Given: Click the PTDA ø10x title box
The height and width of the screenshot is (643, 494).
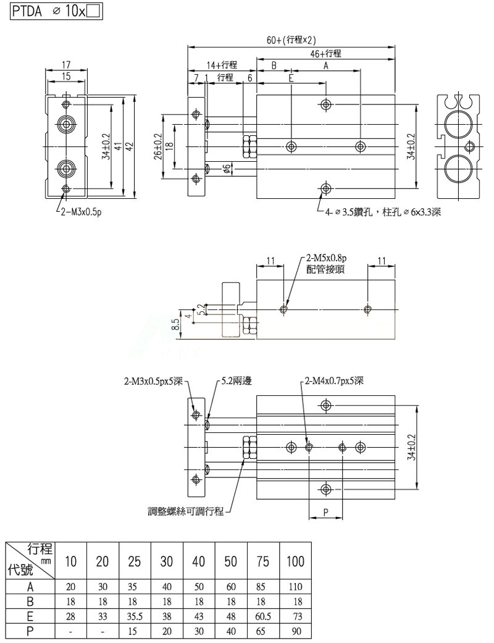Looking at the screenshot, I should [56, 12].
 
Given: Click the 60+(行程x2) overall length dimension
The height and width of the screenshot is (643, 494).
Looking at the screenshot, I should [291, 40].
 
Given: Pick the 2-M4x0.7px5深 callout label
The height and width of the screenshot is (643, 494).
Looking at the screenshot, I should [334, 381].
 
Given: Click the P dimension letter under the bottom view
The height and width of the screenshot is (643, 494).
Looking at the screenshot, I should [325, 512].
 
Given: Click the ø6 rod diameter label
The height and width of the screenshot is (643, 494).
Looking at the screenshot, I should [228, 169].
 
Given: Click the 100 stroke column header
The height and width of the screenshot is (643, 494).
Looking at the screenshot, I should [295, 562].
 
